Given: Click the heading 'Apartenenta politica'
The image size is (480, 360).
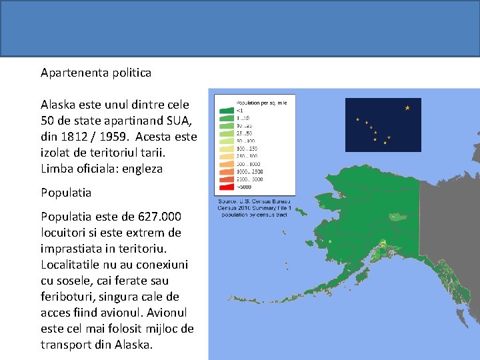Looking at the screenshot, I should coord(96,72).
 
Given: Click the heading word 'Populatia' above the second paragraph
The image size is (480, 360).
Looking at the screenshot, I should coord(66,193).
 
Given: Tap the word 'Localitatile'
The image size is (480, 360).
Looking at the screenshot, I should coord(73,265).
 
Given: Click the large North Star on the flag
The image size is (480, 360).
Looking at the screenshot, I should coord(407,108).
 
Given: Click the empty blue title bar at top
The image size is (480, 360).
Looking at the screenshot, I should coord(240,28).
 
